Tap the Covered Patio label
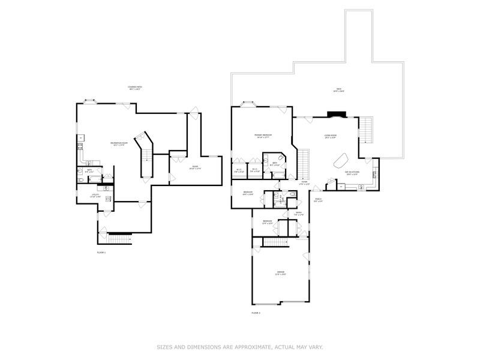point(134,88)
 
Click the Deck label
point(338,91)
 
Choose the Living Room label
point(330,136)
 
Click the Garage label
point(281,273)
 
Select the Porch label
point(318,200)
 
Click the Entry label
point(298,213)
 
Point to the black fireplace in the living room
point(334,115)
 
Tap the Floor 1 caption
point(101,253)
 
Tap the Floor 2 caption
point(256,313)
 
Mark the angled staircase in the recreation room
point(145,153)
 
